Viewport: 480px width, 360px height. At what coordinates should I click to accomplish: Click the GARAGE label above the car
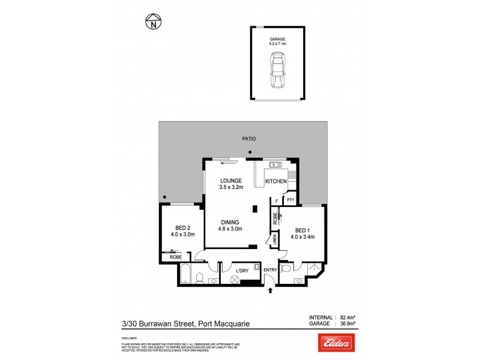click(277, 39)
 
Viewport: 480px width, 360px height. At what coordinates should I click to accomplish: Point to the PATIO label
click(249, 139)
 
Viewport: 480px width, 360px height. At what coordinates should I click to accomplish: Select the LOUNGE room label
click(230, 181)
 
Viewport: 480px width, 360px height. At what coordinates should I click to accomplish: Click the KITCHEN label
click(276, 181)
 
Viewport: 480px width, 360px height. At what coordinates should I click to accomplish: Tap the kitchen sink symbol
click(276, 164)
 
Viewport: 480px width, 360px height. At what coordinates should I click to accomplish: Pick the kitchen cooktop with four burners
click(292, 175)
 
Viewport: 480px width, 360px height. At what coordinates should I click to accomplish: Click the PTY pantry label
click(290, 200)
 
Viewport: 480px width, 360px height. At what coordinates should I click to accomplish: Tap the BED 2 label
click(182, 227)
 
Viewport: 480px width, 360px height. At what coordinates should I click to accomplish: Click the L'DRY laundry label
click(242, 270)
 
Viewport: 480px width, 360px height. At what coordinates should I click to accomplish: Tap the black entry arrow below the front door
click(269, 292)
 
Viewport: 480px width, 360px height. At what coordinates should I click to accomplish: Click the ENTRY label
click(270, 270)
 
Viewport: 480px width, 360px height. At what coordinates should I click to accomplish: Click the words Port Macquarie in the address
click(225, 324)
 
